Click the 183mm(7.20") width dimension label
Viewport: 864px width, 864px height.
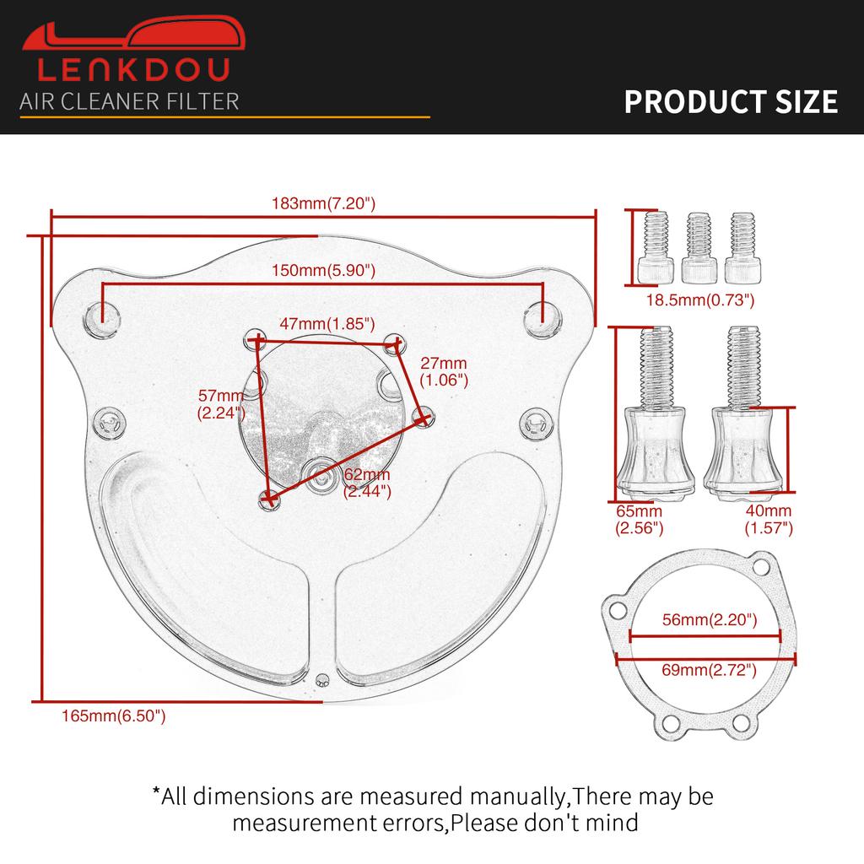click(323, 203)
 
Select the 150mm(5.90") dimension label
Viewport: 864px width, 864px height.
click(323, 271)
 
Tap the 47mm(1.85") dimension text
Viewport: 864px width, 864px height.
click(327, 323)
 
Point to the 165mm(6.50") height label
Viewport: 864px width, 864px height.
click(114, 715)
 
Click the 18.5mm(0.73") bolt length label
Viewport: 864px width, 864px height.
click(699, 300)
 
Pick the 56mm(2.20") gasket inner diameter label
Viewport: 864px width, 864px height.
click(710, 620)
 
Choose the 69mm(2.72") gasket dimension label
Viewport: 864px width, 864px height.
click(709, 670)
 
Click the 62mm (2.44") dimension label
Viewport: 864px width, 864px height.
click(367, 483)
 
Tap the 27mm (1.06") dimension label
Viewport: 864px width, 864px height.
click(444, 371)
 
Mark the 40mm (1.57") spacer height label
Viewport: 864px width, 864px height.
click(769, 519)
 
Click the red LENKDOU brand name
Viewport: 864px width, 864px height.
click(133, 69)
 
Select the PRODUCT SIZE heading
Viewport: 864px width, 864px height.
click(731, 102)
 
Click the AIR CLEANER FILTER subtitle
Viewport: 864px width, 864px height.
click(129, 102)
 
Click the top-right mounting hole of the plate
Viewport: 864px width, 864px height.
click(543, 319)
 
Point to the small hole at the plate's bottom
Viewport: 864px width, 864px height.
click(322, 681)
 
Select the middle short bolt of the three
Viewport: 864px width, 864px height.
click(699, 247)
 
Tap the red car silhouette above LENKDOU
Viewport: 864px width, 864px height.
click(133, 34)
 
